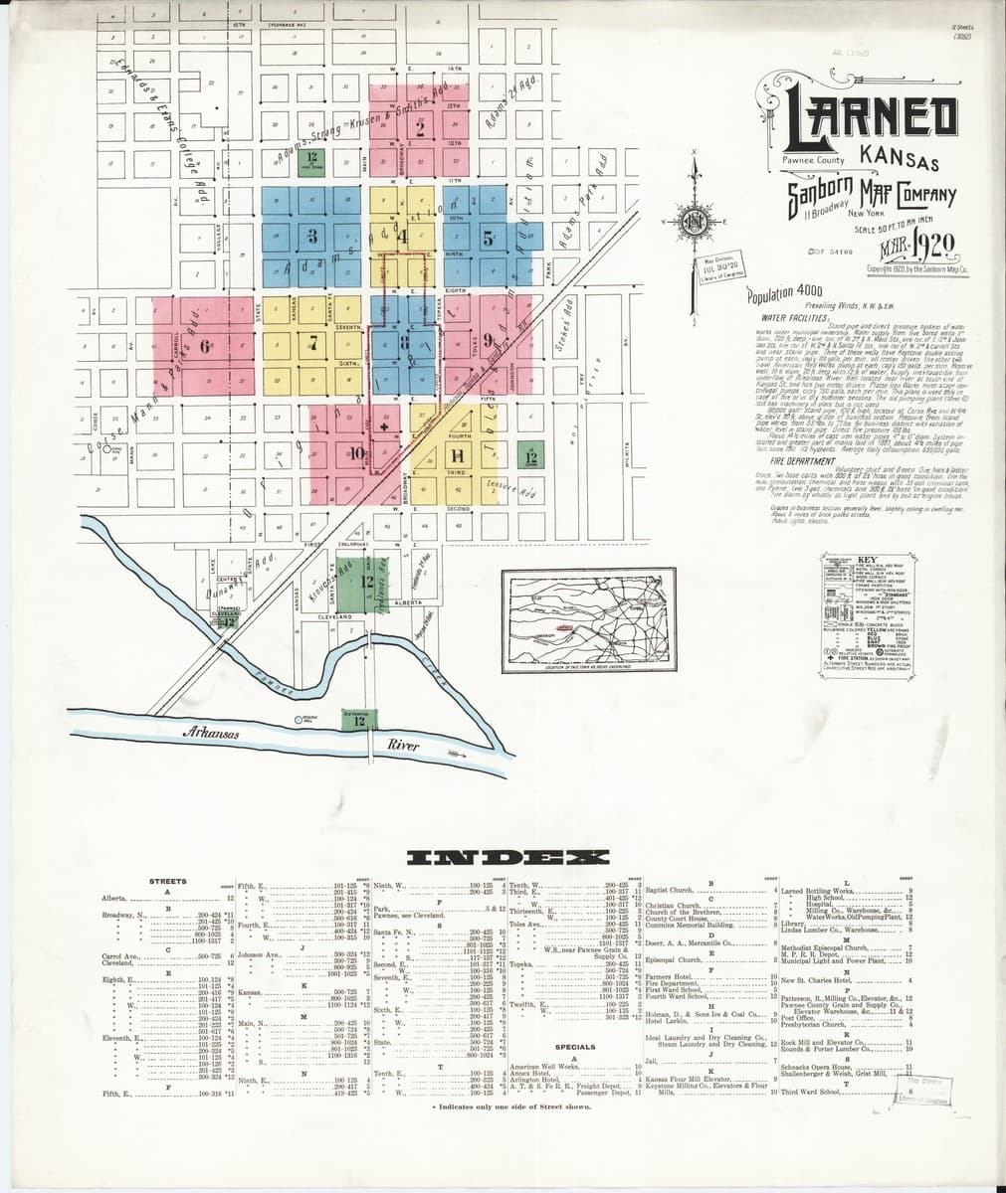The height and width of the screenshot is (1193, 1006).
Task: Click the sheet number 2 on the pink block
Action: [x=421, y=127]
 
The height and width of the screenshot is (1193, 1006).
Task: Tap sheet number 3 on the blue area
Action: [x=312, y=236]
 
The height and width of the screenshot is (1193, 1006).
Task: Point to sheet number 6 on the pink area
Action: [x=205, y=346]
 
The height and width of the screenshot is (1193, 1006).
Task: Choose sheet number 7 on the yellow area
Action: [x=312, y=345]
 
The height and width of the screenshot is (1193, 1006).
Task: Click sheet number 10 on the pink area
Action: [x=356, y=453]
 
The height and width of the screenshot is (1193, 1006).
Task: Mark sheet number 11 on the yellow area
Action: [x=457, y=455]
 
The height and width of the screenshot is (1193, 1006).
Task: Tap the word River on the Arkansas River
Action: [x=404, y=744]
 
